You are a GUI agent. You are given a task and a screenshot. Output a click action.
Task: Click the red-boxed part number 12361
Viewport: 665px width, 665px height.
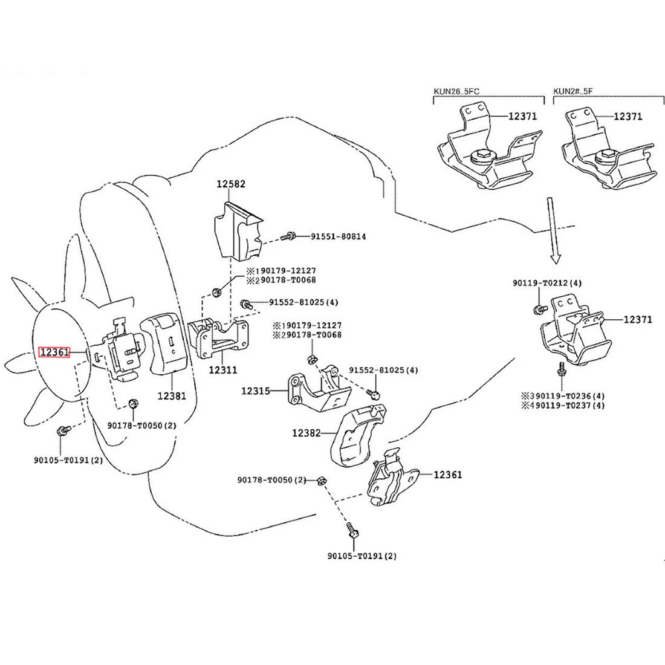54,352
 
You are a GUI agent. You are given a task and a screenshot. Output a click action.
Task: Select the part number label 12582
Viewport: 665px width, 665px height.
232,183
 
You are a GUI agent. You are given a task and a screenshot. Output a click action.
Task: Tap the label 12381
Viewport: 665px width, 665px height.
172,396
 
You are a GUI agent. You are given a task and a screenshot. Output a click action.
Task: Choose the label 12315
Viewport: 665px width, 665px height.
256,391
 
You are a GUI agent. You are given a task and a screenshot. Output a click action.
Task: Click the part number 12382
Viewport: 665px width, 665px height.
307,433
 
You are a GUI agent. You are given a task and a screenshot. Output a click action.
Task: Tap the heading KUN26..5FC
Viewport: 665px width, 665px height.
456,92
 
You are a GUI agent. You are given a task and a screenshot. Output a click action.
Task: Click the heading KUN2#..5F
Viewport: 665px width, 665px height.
573,92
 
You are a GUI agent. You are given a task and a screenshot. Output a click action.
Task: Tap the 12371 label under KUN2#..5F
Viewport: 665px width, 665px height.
628,116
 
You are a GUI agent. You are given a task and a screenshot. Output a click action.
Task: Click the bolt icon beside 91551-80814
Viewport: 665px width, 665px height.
290,236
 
